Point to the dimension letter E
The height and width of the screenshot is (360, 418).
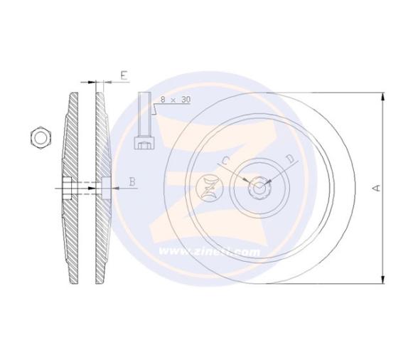coord(123,74)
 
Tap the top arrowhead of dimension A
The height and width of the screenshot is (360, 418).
coord(383,95)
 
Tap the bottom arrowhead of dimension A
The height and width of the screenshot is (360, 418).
coord(383,280)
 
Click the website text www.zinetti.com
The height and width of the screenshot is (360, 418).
coord(209,251)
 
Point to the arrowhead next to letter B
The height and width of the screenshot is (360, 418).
coord(114,189)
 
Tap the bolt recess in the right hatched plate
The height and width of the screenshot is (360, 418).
coord(106,189)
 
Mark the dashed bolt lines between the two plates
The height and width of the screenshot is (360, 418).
coord(86,189)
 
